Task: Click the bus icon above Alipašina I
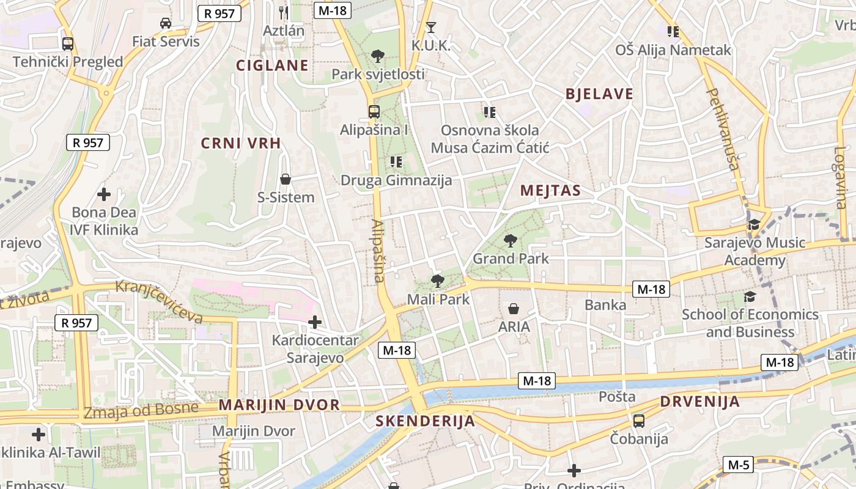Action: [374, 112]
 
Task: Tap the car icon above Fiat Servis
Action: [165, 23]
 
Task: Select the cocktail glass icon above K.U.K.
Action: [431, 27]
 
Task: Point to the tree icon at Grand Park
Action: [510, 241]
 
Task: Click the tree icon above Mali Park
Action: [437, 281]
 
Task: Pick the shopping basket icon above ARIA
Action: [514, 309]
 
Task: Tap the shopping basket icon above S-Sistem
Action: [285, 179]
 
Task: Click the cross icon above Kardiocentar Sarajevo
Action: [315, 322]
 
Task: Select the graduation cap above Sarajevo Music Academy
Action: [754, 224]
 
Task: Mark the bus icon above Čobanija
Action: [639, 421]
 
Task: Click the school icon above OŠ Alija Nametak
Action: [673, 31]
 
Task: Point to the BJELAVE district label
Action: [599, 94]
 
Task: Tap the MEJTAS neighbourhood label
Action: [550, 191]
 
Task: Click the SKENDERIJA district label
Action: [425, 421]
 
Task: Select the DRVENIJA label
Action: [699, 402]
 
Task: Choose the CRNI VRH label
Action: [241, 144]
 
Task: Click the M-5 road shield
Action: [738, 465]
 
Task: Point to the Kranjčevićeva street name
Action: [159, 301]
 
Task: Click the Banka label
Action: [605, 304]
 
